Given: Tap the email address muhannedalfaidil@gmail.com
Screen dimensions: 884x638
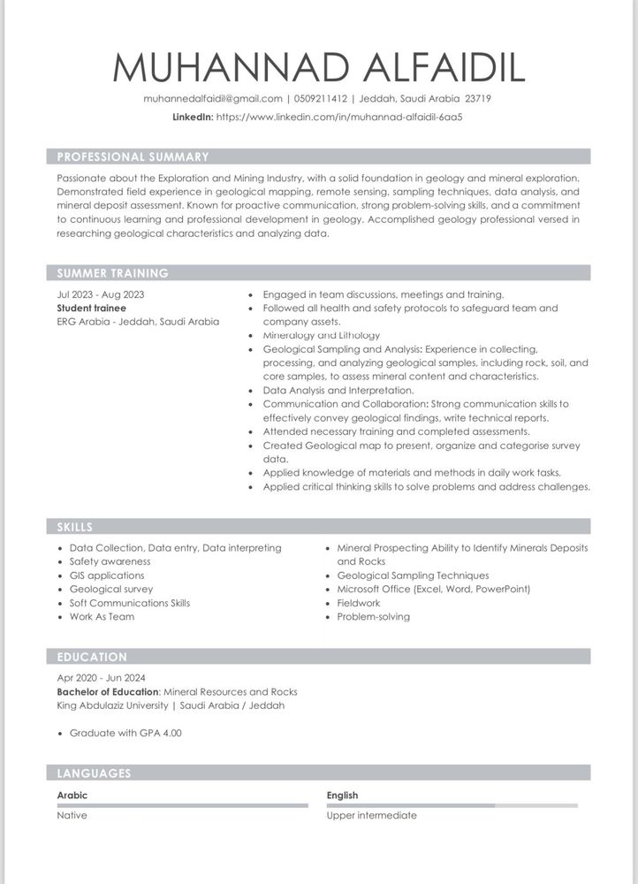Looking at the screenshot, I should (213, 99).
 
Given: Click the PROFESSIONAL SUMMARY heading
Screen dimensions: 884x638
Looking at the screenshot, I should (133, 157).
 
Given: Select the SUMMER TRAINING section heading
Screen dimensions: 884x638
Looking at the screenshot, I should (112, 273).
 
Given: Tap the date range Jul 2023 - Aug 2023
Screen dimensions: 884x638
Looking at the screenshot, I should (100, 294).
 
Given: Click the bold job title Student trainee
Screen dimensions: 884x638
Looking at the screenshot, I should (91, 309).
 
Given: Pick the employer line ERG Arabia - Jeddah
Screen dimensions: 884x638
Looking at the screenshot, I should (138, 322).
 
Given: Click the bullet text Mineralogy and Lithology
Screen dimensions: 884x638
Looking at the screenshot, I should (321, 336).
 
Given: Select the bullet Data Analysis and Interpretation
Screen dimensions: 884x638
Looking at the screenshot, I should (338, 390).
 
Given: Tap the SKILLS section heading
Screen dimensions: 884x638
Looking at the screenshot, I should (75, 527).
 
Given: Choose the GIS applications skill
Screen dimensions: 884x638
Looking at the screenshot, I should (107, 575).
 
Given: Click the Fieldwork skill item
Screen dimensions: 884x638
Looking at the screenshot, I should (358, 603).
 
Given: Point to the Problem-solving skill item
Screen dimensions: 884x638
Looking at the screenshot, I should (373, 616).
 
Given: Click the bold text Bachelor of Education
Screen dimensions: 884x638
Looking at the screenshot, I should (108, 692).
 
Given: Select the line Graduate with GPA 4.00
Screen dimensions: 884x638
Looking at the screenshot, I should (125, 733).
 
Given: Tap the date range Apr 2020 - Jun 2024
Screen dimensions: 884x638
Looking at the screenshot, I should (101, 678).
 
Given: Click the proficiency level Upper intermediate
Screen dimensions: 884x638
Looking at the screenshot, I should (371, 815).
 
